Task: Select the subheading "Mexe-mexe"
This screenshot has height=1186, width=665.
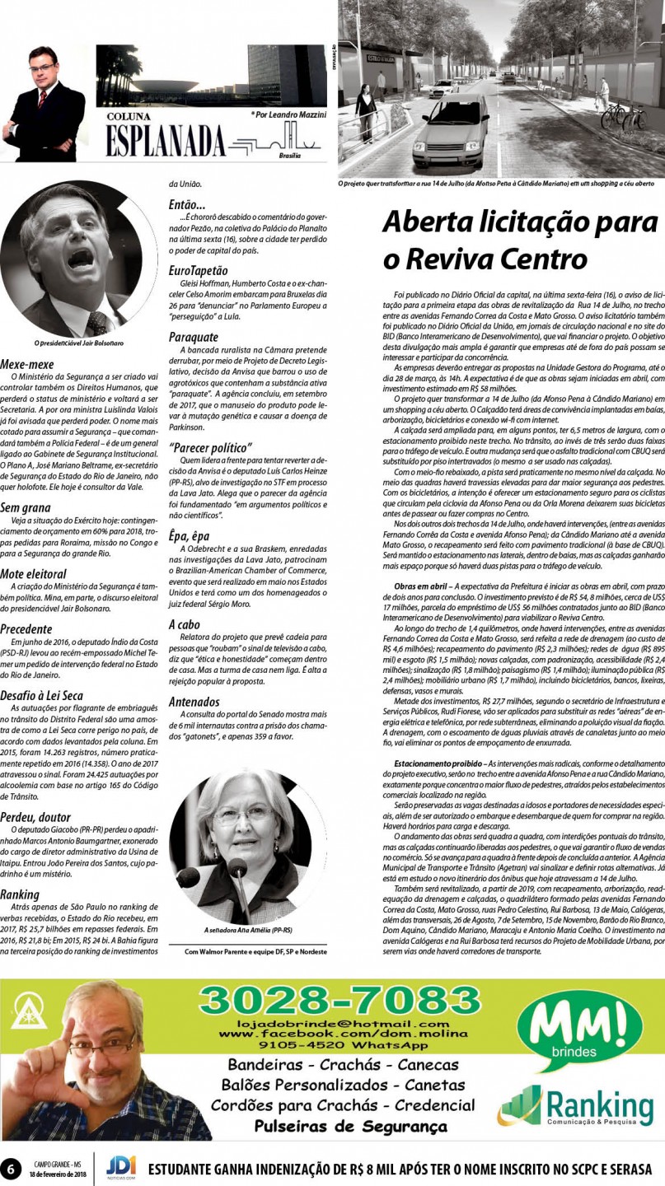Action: point(27,363)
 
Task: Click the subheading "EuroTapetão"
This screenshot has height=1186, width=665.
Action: point(199,270)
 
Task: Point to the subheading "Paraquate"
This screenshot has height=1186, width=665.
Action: point(194,337)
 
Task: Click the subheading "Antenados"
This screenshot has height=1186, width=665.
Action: point(194,702)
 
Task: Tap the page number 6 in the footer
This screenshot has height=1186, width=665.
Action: point(12,1169)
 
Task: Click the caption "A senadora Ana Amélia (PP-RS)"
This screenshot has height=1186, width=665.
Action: point(247,929)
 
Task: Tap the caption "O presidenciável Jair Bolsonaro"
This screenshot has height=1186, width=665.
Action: point(78,343)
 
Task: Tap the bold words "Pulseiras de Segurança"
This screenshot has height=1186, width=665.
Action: point(351,1126)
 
